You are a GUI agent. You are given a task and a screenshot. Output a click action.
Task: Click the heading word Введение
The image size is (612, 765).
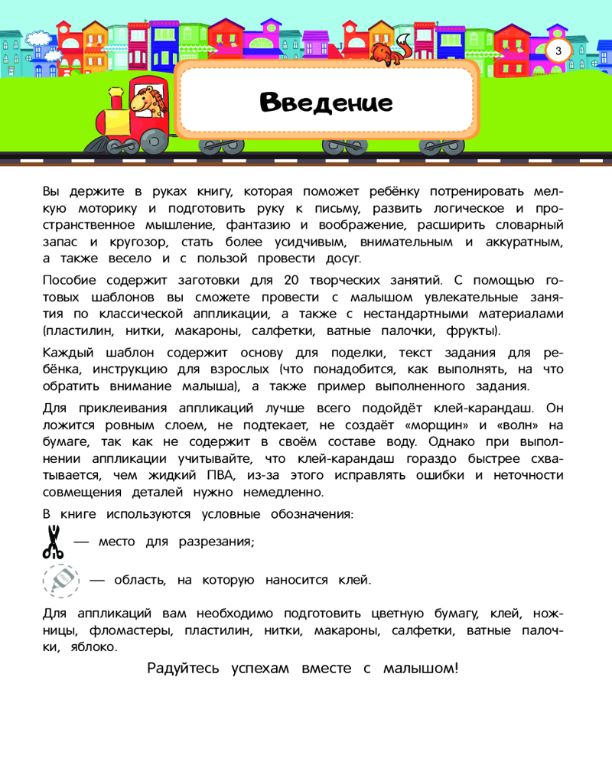[x=326, y=103]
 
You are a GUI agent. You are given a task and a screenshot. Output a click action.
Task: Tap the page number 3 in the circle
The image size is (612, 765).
[x=558, y=51]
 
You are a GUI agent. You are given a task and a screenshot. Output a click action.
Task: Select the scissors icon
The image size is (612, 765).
[x=53, y=542]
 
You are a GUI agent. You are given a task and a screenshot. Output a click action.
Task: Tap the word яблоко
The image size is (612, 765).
[x=92, y=646]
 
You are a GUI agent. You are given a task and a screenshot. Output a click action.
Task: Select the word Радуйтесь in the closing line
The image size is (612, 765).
[x=184, y=669]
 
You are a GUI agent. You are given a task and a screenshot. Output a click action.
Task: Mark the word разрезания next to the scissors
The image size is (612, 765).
[x=213, y=542]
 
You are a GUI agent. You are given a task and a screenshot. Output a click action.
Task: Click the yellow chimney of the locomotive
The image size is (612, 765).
[x=116, y=97]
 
